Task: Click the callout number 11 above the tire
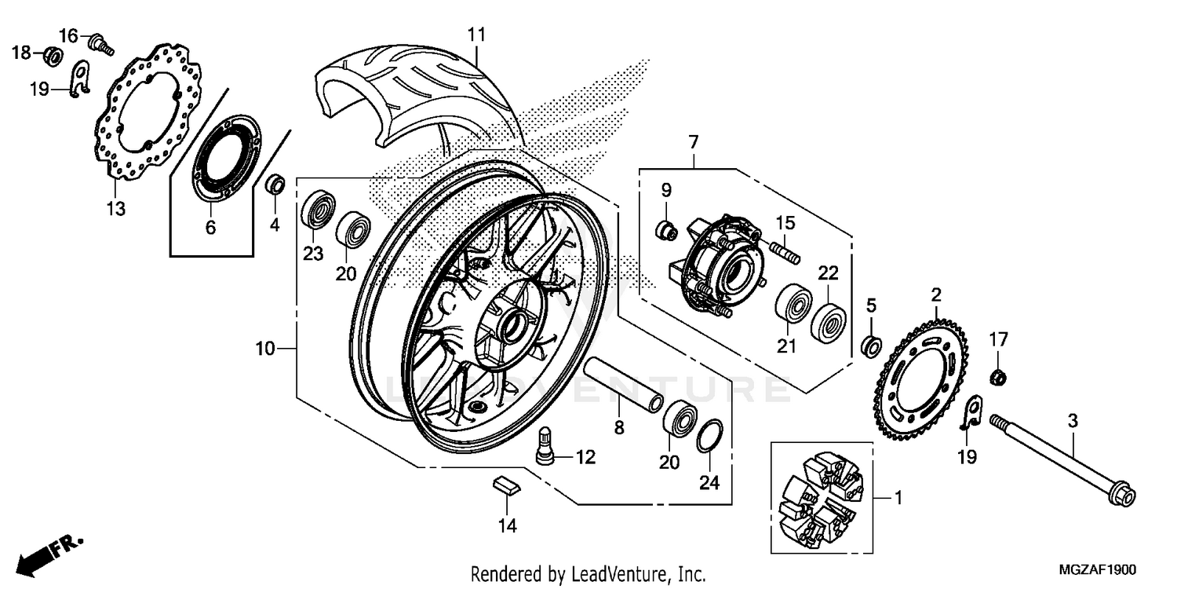click(477, 35)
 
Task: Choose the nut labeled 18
click(53, 55)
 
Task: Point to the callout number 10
click(265, 348)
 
